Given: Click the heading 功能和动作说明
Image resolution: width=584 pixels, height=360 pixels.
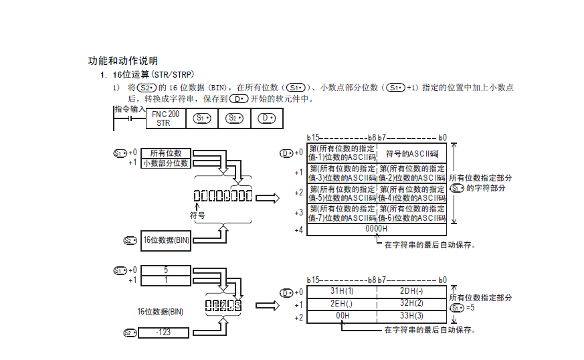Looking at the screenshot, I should pos(122,60).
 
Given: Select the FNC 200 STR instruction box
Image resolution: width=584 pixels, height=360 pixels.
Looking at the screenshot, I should pos(163,118).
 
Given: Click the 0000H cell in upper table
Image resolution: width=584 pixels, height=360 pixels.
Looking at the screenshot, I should pos(377,229).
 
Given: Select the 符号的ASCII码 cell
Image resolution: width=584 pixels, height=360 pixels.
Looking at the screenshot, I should pos(412,153).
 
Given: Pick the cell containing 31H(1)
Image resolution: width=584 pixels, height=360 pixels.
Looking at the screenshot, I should pos(342,291).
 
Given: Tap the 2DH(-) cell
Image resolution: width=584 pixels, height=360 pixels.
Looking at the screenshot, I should pos(412,291).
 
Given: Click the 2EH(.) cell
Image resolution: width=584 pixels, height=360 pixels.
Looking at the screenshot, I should pos(342,304).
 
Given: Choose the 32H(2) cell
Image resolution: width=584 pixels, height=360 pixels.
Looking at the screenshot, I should pos(412,304).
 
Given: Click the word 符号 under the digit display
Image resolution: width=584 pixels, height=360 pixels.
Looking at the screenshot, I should pos(197,215).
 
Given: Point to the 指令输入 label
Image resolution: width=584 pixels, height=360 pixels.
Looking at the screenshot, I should pos(129,108).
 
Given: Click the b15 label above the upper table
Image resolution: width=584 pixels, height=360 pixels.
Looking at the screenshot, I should pos(313,137).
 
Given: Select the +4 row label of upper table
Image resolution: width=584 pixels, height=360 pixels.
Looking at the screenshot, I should pos(298,230).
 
